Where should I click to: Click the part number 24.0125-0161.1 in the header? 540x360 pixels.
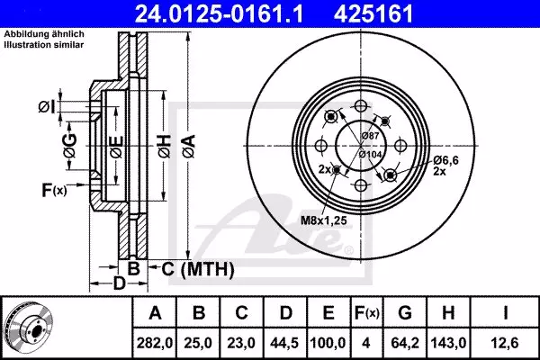(x=219, y=13)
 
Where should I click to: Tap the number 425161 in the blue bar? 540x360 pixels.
(x=373, y=13)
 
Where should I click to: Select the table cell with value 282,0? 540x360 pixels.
(x=155, y=343)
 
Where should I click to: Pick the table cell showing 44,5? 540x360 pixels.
(x=284, y=343)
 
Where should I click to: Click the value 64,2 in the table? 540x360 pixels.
(x=405, y=343)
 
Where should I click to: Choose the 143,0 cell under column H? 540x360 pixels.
(x=448, y=343)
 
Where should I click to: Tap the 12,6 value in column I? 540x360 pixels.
(x=505, y=343)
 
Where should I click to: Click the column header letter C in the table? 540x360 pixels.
(x=241, y=313)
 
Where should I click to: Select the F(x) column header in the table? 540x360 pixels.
(x=367, y=313)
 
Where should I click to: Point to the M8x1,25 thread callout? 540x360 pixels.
(x=324, y=220)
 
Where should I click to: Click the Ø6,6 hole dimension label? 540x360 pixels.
(x=445, y=160)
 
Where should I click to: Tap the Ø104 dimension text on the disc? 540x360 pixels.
(x=370, y=154)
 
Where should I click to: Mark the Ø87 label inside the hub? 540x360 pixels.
(x=370, y=136)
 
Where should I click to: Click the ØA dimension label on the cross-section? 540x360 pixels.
(x=189, y=146)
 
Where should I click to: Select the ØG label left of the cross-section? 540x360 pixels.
(x=70, y=146)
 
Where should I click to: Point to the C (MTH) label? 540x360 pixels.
(x=198, y=269)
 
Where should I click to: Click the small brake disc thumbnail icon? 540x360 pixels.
(x=29, y=328)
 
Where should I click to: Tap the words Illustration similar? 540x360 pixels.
(x=44, y=44)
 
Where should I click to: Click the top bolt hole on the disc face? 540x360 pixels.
(x=360, y=106)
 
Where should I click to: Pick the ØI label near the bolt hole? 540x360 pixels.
(x=47, y=106)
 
